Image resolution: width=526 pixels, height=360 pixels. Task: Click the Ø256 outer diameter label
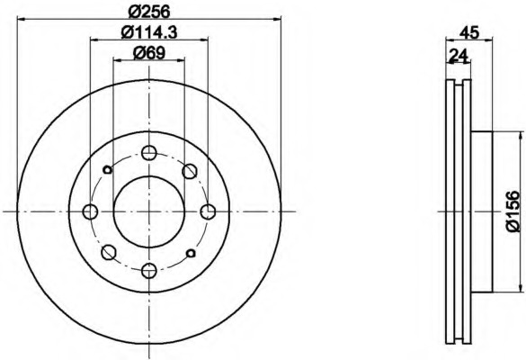click(149, 12)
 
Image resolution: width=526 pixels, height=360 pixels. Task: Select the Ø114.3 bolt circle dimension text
click(149, 32)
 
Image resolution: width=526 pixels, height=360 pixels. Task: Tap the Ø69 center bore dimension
click(148, 53)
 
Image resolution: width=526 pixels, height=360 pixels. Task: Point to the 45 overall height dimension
click(468, 32)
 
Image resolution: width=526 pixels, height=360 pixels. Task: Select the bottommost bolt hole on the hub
click(148, 269)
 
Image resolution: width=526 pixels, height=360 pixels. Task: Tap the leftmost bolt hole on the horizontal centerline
click(90, 211)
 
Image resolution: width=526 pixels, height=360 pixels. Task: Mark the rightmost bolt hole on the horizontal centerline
click(208, 211)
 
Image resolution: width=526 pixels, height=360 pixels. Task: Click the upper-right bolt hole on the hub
click(189, 171)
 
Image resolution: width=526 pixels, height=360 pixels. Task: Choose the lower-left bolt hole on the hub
click(108, 251)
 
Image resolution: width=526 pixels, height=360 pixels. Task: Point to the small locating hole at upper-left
click(107, 169)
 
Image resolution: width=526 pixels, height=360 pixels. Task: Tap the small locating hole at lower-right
click(190, 253)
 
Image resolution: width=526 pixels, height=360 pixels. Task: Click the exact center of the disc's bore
click(148, 211)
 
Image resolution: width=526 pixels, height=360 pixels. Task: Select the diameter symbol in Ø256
click(135, 12)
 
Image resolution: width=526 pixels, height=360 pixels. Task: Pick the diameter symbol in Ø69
click(138, 53)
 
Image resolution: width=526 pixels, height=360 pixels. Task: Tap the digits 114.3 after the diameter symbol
click(156, 32)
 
